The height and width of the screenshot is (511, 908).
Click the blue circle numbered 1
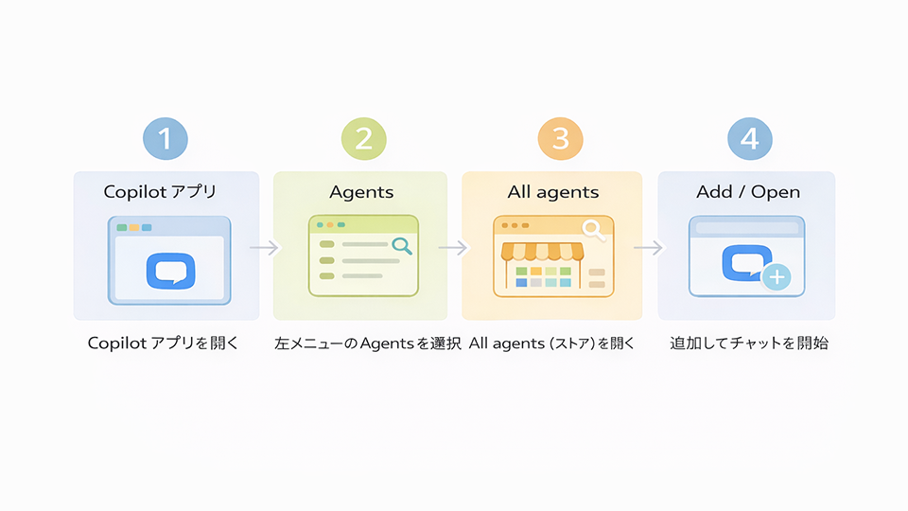[166, 138]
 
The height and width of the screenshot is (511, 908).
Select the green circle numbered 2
[363, 138]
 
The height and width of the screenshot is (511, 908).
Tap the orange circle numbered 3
[560, 138]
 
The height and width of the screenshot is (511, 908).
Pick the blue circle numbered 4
[750, 138]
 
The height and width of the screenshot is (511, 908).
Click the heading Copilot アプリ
[160, 192]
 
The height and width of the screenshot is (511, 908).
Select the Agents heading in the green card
[361, 192]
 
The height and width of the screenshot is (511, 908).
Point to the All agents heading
[553, 192]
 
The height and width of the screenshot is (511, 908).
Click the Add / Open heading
[748, 192]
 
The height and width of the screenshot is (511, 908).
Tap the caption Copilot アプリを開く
[164, 343]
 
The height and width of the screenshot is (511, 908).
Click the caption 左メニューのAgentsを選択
[368, 344]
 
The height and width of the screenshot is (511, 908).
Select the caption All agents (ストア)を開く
[551, 344]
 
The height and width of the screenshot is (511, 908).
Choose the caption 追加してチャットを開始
[749, 343]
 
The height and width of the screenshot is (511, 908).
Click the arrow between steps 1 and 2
[265, 247]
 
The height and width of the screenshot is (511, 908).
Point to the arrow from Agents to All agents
[453, 248]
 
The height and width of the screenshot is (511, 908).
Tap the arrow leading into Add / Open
[649, 248]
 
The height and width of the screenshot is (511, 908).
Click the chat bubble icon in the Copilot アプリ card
[170, 272]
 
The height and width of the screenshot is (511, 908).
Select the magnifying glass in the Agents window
[402, 246]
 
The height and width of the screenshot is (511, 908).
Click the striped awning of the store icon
[542, 252]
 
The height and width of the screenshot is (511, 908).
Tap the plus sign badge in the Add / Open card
[777, 277]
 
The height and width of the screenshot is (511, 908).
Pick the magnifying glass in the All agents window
[594, 230]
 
